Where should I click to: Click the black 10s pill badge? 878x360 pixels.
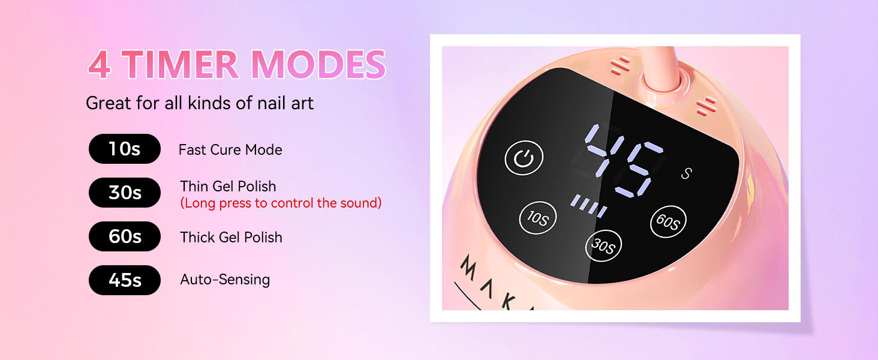[x=125, y=149]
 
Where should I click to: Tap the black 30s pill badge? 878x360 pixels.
[x=125, y=193]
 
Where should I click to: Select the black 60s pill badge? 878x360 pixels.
[x=125, y=236]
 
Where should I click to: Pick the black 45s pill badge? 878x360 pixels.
[x=125, y=280]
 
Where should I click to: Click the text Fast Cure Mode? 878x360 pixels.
[x=230, y=149]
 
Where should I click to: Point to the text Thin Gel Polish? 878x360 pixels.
[x=228, y=186]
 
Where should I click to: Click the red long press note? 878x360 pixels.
[x=281, y=203]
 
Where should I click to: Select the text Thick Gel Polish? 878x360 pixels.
[x=231, y=238]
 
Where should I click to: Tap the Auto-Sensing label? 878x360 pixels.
[x=225, y=280]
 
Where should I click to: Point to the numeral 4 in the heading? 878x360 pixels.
[x=100, y=65]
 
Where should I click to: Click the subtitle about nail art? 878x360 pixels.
[x=200, y=103]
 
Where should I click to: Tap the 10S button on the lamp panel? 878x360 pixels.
[x=537, y=218]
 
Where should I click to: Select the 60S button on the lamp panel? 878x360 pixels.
[x=668, y=222]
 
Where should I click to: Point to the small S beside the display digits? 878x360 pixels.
[x=687, y=174]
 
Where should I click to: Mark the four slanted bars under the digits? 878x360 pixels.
[x=588, y=205]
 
